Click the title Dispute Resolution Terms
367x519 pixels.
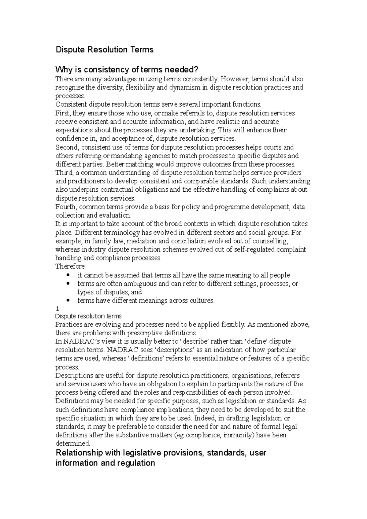[x=104, y=50]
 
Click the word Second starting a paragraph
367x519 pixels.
[x=67, y=147]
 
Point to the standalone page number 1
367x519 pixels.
[x=57, y=309]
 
